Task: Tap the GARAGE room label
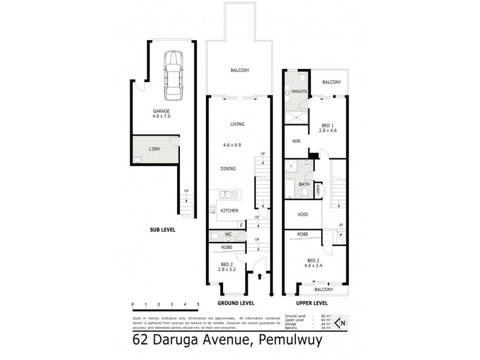162,111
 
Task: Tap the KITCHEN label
230,211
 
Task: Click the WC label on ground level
228,234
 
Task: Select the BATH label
305,184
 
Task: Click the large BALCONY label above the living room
239,71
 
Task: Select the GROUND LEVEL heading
239,303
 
